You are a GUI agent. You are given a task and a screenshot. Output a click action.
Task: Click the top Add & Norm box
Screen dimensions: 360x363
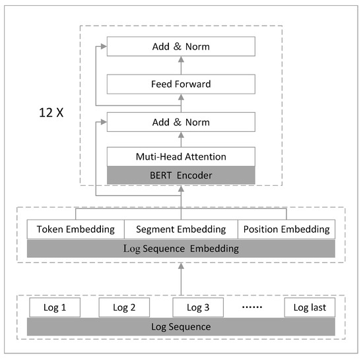(x=181, y=47)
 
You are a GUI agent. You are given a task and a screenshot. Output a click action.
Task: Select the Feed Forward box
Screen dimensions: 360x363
(x=181, y=84)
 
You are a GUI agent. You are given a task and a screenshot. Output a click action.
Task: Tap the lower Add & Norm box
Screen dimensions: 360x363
(x=181, y=122)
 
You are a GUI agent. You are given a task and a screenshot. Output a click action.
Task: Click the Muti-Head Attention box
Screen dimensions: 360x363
(x=181, y=157)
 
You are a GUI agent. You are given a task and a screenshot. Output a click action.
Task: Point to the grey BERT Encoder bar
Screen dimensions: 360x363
(x=181, y=175)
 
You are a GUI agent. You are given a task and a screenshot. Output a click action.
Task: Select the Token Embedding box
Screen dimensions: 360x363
(x=75, y=229)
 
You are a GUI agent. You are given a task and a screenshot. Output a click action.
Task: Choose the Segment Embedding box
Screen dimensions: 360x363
(x=181, y=229)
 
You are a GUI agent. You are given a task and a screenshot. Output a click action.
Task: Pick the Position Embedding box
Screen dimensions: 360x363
(x=286, y=229)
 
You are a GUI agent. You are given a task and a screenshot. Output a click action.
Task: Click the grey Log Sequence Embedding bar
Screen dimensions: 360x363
(x=181, y=249)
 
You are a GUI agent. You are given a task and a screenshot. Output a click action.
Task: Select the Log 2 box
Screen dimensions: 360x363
(x=123, y=307)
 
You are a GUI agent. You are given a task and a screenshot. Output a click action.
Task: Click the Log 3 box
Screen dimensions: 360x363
(x=197, y=307)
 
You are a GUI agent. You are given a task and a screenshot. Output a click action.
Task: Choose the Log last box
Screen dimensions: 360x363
(x=310, y=307)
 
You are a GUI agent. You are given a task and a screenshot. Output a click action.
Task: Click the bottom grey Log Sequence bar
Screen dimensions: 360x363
(x=181, y=326)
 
